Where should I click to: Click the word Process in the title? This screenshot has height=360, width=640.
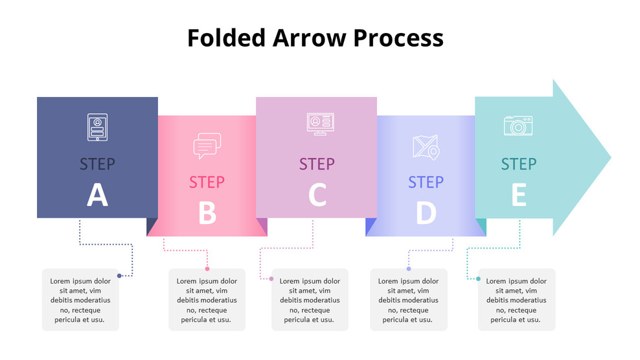[398, 38]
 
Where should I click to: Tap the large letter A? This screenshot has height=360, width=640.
[97, 195]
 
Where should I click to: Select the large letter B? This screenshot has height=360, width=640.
[207, 213]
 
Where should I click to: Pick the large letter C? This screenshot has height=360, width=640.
[317, 195]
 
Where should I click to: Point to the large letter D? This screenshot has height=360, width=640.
[426, 213]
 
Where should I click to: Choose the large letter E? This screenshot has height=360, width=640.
[519, 195]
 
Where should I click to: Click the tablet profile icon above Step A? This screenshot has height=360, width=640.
[97, 127]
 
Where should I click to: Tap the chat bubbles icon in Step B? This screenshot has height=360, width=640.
[207, 146]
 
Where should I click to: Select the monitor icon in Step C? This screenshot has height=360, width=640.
[320, 124]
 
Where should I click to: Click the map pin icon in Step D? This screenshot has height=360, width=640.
[426, 147]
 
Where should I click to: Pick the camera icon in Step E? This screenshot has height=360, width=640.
[518, 126]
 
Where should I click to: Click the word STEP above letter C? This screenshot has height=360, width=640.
[317, 164]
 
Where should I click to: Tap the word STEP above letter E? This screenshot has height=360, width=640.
[519, 164]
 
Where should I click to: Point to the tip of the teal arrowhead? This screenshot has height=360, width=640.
[610, 157]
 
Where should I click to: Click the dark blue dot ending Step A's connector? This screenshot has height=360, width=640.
[119, 276]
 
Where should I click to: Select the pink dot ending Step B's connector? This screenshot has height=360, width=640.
[207, 268]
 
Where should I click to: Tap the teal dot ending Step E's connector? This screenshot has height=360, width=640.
[478, 279]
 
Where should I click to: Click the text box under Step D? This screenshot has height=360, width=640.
[408, 300]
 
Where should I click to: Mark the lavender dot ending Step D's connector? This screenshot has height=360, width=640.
[409, 268]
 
